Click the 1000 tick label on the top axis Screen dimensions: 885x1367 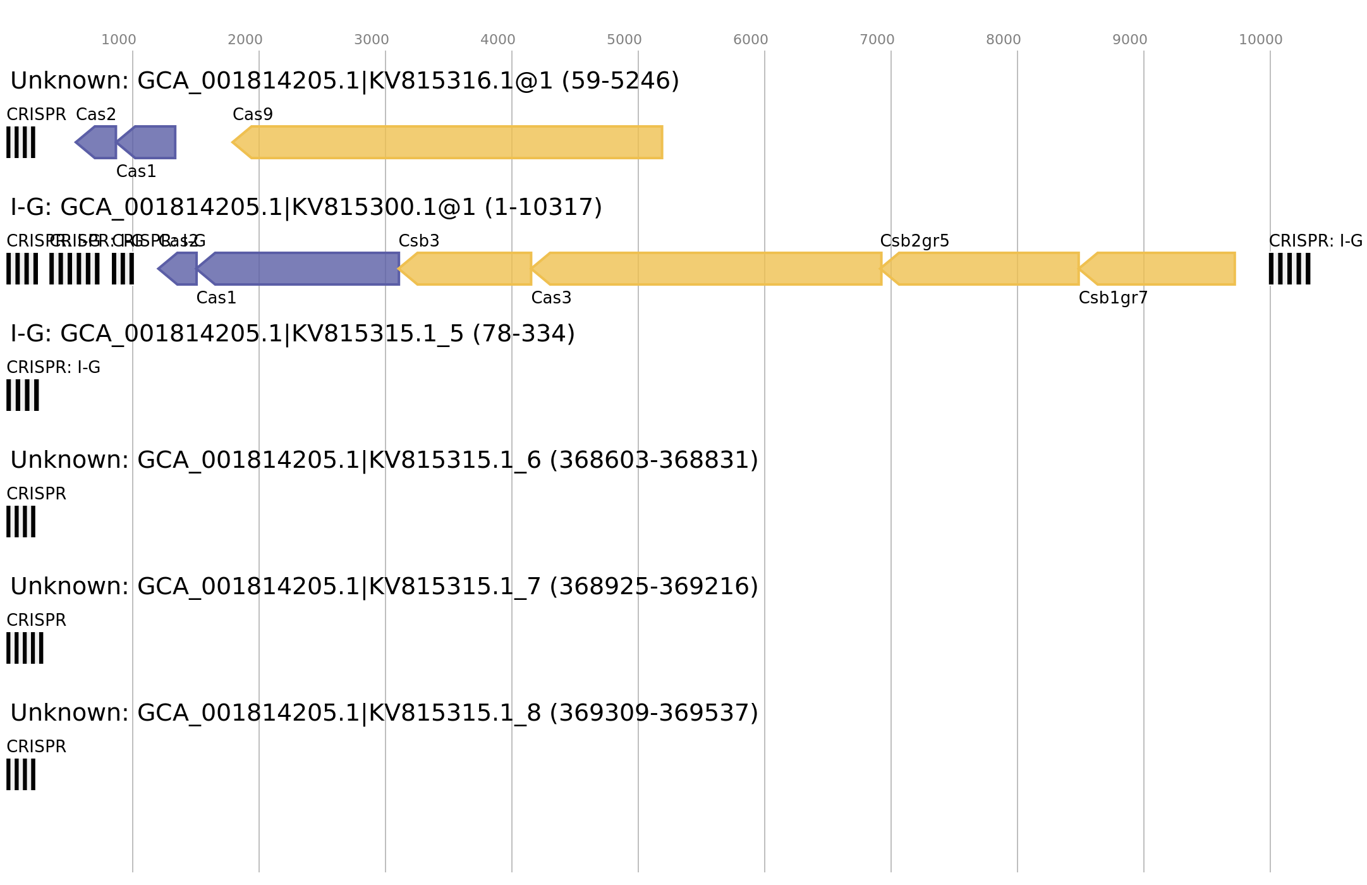pyautogui.click(x=118, y=40)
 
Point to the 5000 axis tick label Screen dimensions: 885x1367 pyautogui.click(x=624, y=40)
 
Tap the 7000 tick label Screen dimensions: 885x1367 pyautogui.click(x=877, y=40)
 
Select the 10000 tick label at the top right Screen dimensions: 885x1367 pyautogui.click(x=1260, y=40)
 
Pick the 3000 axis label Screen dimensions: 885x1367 pyautogui.click(x=371, y=40)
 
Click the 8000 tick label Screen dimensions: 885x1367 pyautogui.click(x=1003, y=40)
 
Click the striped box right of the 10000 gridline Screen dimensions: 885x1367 pyautogui.click(x=1289, y=269)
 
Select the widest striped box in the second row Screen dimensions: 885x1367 pyautogui.click(x=75, y=269)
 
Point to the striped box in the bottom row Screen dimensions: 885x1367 pyautogui.click(x=21, y=774)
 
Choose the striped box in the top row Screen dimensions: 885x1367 pyautogui.click(x=21, y=142)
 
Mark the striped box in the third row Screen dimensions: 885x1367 pyautogui.click(x=23, y=395)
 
